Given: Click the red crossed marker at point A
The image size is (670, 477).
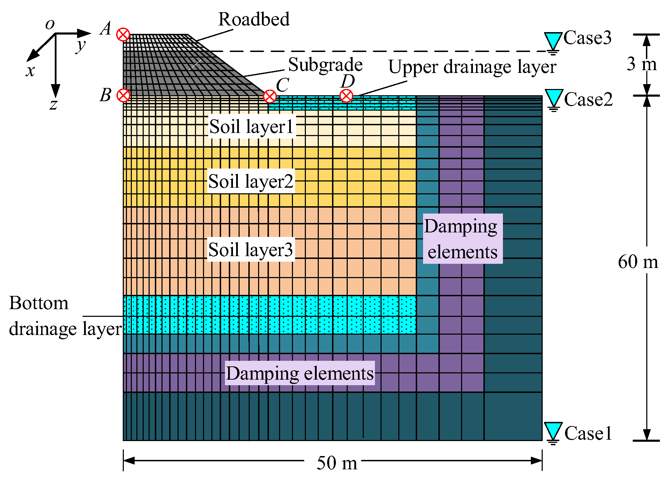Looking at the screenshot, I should click(x=123, y=35).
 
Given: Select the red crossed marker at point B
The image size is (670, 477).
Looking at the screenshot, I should click(x=123, y=95).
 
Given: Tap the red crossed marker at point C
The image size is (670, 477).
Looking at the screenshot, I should click(x=270, y=96).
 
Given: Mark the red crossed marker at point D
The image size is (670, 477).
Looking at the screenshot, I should click(x=346, y=96).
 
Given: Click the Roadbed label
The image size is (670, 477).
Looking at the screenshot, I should click(x=254, y=19).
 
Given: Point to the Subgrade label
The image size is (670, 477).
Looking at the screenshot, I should click(x=325, y=65).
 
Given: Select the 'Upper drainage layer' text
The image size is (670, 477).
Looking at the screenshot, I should click(x=472, y=67).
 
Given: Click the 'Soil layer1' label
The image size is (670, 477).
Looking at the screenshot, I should click(x=251, y=126).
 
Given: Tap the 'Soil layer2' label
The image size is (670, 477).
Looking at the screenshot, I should click(x=251, y=181).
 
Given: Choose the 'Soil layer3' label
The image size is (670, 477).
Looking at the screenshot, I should click(x=251, y=249).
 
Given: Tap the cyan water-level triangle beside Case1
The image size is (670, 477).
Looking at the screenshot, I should click(x=553, y=431).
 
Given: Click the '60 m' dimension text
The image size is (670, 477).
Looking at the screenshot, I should click(x=638, y=261).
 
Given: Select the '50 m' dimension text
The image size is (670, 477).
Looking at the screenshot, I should click(x=337, y=463).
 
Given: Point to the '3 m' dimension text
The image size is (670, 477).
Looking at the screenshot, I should click(x=641, y=64).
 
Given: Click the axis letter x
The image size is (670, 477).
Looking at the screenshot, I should click(x=30, y=71).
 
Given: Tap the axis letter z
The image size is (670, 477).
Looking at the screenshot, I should click(x=53, y=104).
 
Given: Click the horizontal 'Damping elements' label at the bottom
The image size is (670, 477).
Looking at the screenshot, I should click(x=300, y=373).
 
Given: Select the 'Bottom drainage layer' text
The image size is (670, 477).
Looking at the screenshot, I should click(x=65, y=316).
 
